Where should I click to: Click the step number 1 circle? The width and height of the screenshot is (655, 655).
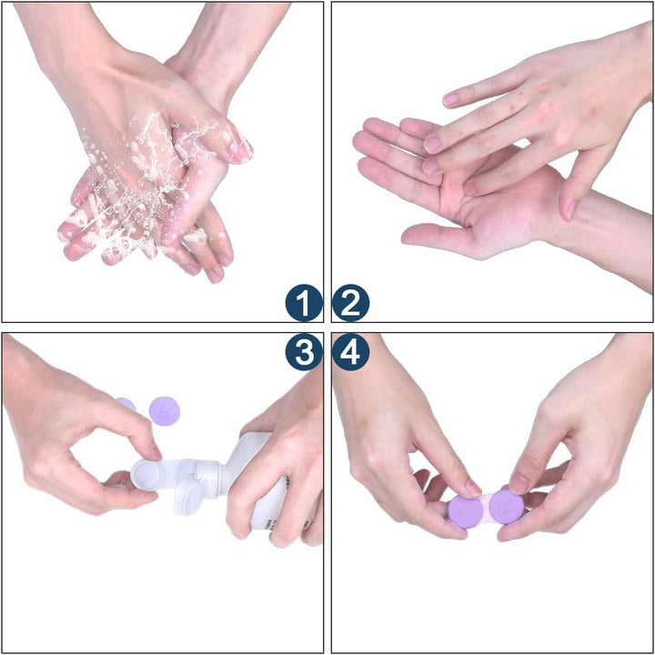pyautogui.click(x=303, y=303)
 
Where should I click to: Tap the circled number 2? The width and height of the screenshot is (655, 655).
pyautogui.click(x=350, y=303)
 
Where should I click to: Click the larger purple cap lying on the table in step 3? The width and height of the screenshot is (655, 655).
pyautogui.click(x=165, y=409)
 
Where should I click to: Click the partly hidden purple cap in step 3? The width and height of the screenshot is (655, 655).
pyautogui.click(x=126, y=404)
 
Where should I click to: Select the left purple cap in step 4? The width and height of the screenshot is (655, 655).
pyautogui.click(x=466, y=510)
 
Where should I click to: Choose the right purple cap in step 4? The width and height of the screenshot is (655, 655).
pyautogui.click(x=507, y=508)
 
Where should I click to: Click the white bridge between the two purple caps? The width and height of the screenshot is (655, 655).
pyautogui.click(x=487, y=502)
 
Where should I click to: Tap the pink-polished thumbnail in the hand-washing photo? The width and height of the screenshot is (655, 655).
pyautogui.click(x=241, y=148)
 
